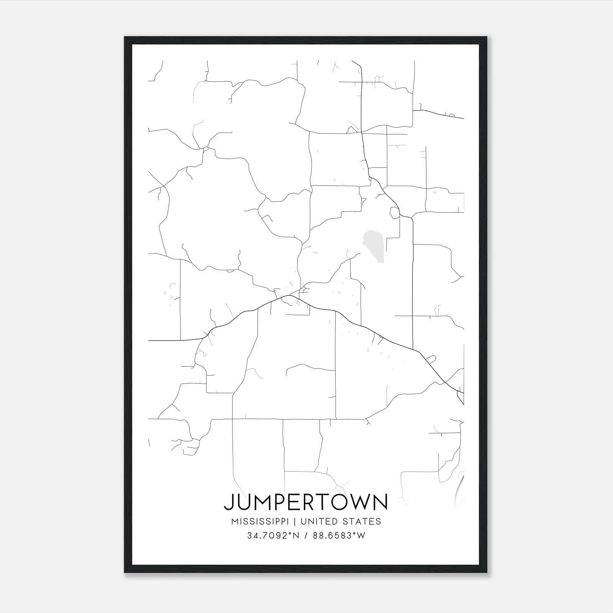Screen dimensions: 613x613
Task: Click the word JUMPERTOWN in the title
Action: tap(305, 502)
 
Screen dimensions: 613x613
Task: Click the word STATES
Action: tap(363, 521)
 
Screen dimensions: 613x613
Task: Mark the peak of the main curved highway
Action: tap(290, 296)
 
